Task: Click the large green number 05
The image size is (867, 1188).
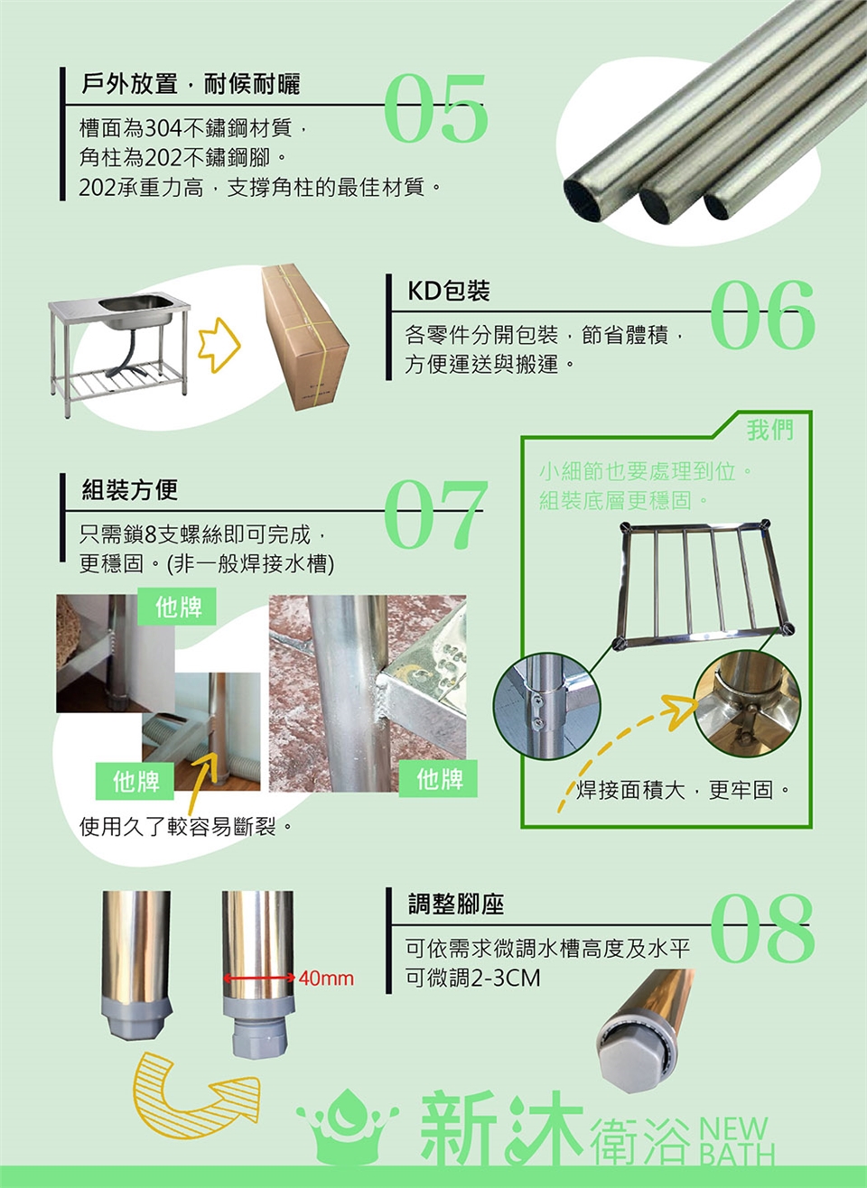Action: pos(435,108)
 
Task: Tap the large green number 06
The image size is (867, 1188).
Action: pos(762,316)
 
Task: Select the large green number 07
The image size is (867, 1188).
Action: pos(435,514)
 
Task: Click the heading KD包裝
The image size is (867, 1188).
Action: pos(449,291)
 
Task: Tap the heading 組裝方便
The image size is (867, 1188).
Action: pos(130,489)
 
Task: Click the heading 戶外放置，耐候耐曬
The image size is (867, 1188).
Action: pos(191,84)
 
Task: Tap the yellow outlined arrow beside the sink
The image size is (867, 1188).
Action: pos(219,345)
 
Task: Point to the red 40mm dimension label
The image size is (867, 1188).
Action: pos(326,978)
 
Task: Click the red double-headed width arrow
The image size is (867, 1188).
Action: pos(259,978)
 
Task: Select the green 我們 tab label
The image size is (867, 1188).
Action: pos(770,430)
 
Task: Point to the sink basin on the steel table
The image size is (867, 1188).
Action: pos(136,311)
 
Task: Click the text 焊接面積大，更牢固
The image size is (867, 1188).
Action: pos(684,791)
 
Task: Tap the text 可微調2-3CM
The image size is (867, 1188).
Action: pos(472,978)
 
